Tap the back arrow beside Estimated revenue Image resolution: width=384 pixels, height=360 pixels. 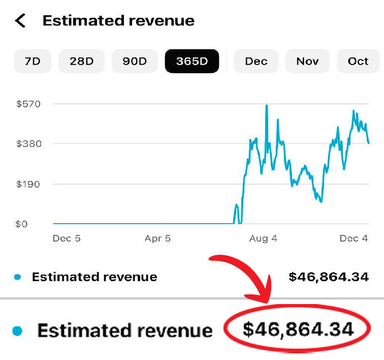point(20,21)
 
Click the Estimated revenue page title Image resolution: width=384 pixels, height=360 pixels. point(118,21)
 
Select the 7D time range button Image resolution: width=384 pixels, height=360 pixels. point(33,62)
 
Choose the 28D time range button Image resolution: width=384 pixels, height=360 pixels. point(82,62)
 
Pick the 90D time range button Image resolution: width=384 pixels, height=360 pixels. point(135,62)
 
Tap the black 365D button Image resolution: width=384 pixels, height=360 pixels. point(192,62)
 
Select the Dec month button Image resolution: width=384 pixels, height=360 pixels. point(256,62)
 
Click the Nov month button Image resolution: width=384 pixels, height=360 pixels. point(307,62)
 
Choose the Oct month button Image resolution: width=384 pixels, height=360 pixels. point(358,62)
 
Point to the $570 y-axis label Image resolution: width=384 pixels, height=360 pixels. point(28,104)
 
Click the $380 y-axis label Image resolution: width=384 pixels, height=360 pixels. point(28,144)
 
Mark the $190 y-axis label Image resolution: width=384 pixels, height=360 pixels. point(28,184)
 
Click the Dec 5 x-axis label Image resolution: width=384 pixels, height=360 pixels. point(67,238)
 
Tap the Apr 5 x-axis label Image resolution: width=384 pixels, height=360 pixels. point(157,238)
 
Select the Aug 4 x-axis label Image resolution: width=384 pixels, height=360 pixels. point(264,238)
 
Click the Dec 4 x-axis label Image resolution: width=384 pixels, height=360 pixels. point(354,238)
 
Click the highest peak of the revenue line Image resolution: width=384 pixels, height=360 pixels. point(266,106)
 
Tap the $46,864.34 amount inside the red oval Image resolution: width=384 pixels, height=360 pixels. point(298,329)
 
